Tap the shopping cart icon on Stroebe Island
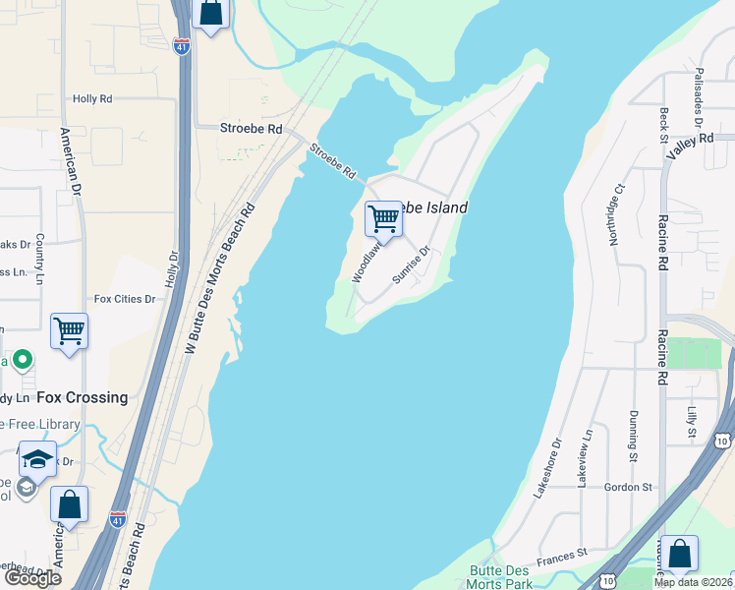click(x=382, y=218)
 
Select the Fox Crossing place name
click(x=83, y=397)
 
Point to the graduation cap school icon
click(x=37, y=459)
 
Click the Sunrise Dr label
click(x=412, y=265)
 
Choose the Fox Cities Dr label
click(x=125, y=299)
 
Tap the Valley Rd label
click(x=689, y=146)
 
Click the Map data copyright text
click(x=693, y=582)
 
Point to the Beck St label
click(x=665, y=125)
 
